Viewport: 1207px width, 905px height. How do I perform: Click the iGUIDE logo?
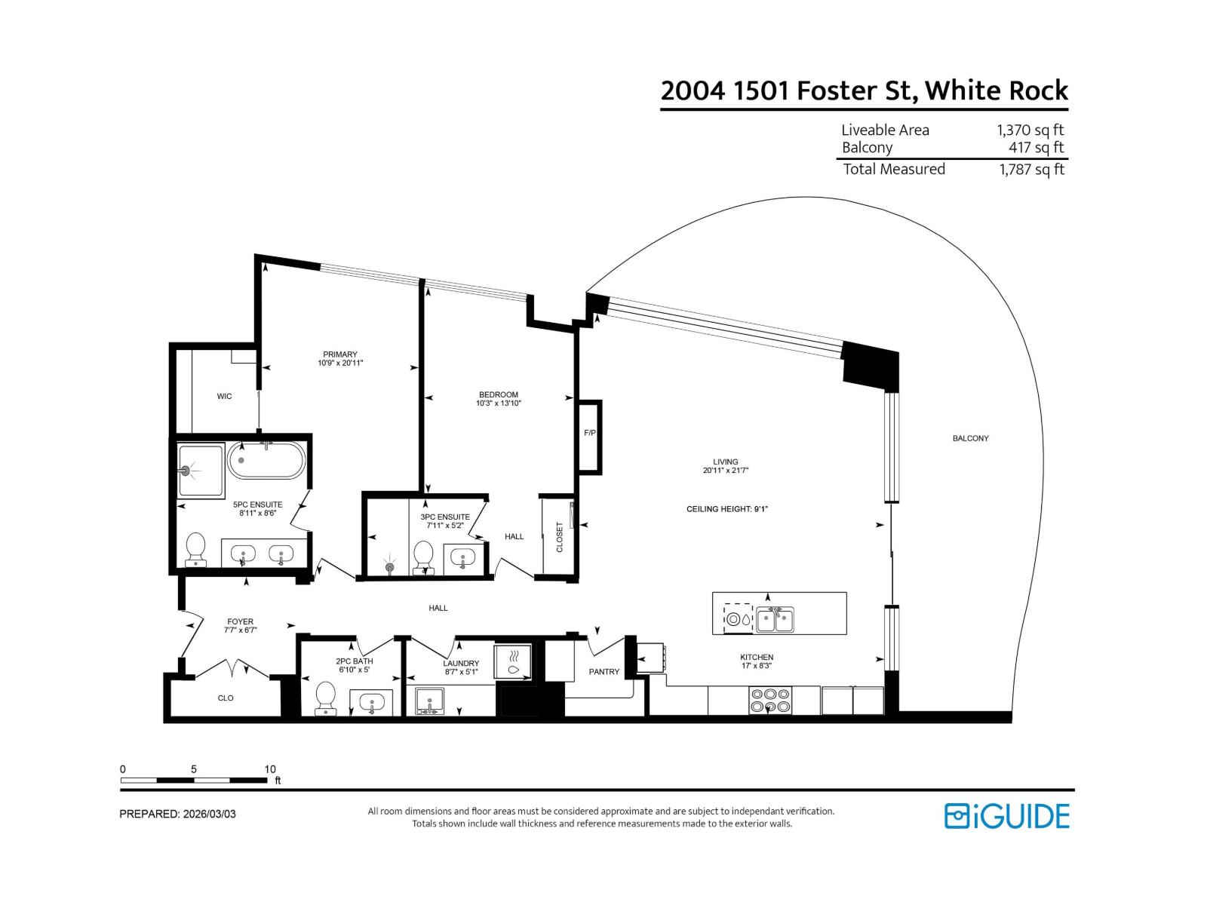(x=1006, y=816)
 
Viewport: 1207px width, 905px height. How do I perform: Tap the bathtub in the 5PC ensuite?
(x=267, y=460)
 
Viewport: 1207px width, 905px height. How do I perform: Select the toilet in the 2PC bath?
(x=326, y=697)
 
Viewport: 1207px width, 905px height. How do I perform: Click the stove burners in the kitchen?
(x=770, y=701)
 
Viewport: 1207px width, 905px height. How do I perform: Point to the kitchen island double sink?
(x=775, y=620)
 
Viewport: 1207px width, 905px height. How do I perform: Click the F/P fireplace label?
(x=589, y=433)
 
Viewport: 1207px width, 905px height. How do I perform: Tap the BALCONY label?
(x=970, y=438)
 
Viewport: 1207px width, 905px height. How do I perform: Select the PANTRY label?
(x=603, y=671)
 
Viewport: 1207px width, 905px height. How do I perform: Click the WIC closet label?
(x=224, y=396)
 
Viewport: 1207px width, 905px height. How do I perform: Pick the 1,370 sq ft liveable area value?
(x=1030, y=130)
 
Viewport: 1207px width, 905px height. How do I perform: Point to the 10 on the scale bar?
(x=270, y=769)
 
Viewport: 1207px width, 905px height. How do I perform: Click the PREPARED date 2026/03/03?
(x=208, y=814)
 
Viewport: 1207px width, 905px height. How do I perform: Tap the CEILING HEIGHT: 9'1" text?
(x=726, y=509)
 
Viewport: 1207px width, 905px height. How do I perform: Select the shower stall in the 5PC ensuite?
(x=201, y=471)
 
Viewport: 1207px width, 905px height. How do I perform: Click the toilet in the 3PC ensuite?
(x=424, y=557)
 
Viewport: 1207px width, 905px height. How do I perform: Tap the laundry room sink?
(x=431, y=701)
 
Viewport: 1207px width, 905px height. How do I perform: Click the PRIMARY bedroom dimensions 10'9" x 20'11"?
(x=340, y=364)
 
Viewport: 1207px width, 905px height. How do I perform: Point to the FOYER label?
(x=240, y=621)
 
